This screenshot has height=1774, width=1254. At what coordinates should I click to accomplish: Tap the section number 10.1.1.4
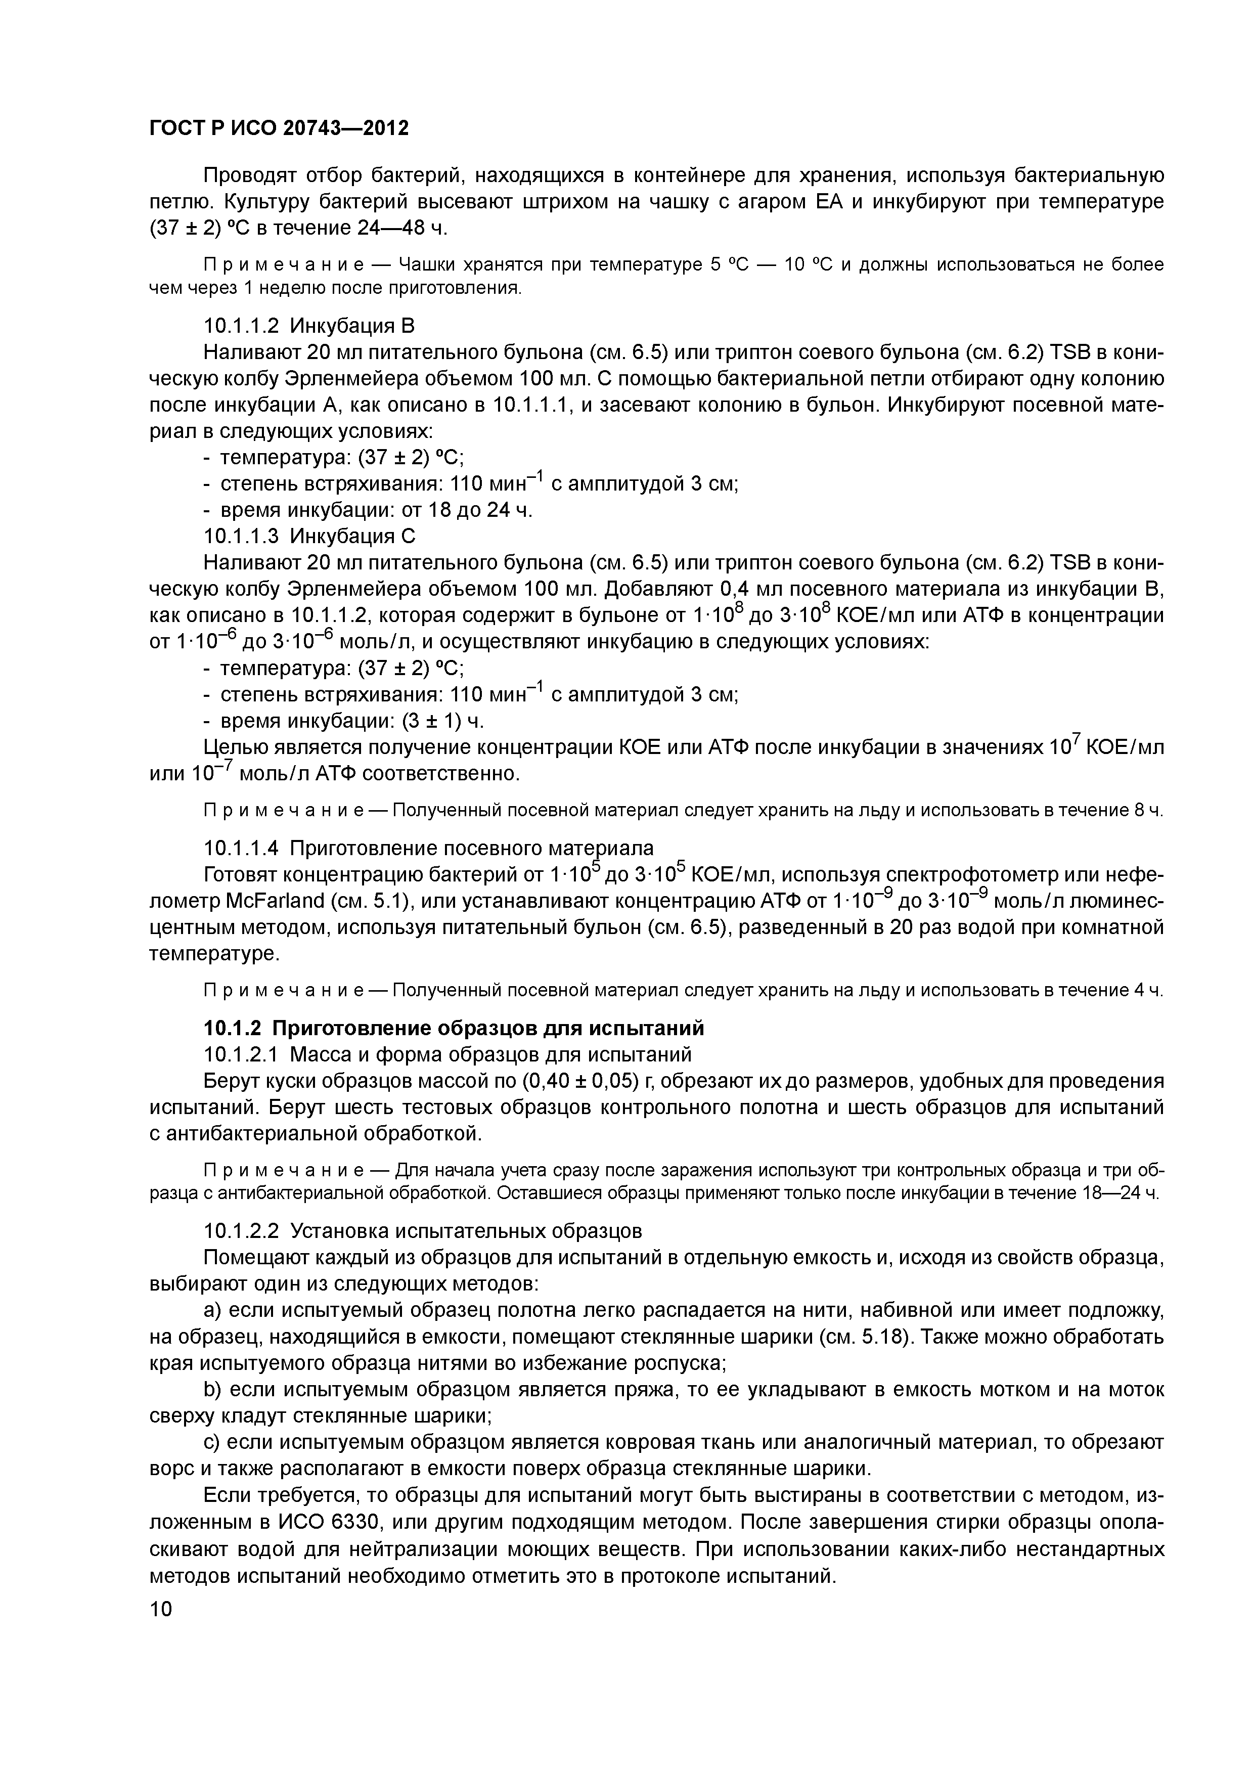[242, 849]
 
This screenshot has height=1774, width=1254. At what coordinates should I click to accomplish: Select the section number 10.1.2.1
[242, 1055]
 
